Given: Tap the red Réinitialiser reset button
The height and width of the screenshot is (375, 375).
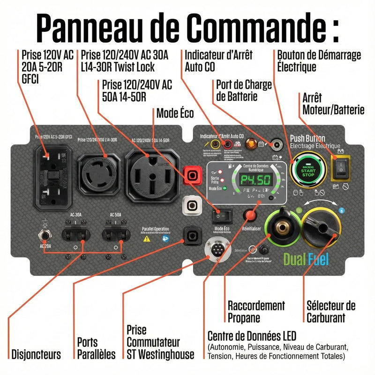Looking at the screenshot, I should click(x=251, y=215).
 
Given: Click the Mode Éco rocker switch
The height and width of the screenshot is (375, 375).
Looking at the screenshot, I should click(x=221, y=216).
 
